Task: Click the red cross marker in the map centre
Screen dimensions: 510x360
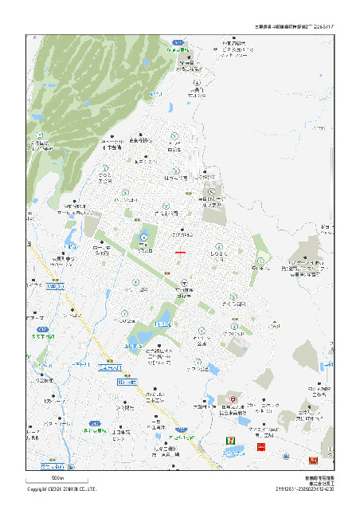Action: point(181,252)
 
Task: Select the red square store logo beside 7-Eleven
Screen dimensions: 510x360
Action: point(260,448)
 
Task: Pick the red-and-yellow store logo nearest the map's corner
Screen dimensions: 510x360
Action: point(313,461)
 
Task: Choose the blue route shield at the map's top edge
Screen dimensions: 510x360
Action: point(179,42)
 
